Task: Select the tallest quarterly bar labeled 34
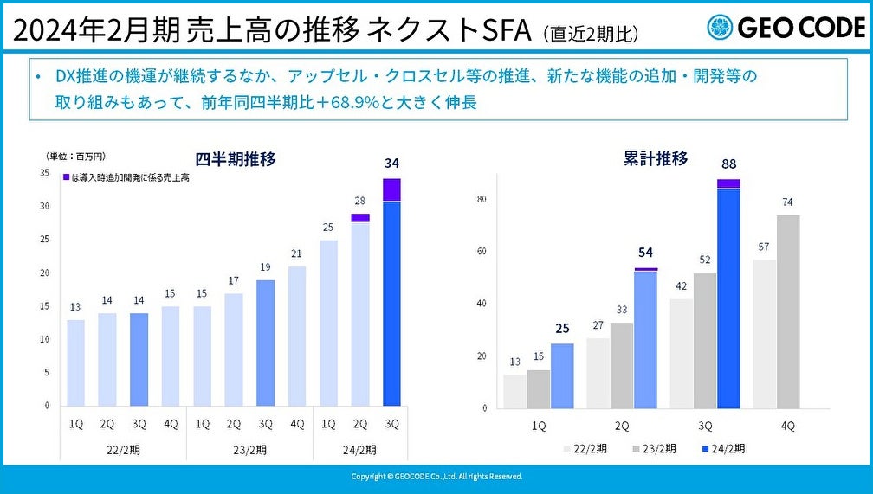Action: [391, 294]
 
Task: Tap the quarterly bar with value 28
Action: [360, 311]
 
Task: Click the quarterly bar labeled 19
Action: [266, 343]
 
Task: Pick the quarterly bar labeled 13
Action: [76, 362]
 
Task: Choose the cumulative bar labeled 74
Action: [788, 311]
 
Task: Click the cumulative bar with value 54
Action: [645, 338]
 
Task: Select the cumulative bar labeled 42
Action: [682, 353]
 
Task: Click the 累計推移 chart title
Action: [656, 158]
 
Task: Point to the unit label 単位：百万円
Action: [76, 156]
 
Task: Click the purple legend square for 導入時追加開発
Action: [66, 177]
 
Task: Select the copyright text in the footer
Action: [436, 477]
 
